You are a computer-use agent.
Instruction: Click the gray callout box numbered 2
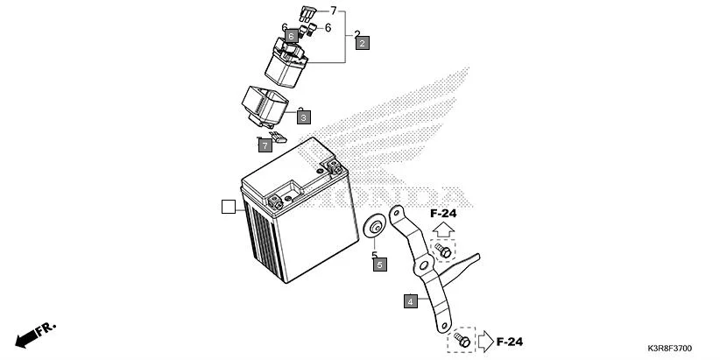click(362, 41)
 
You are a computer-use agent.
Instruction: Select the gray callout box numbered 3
click(303, 116)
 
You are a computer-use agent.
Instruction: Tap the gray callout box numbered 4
click(410, 301)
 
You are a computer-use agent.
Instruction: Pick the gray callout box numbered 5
click(379, 264)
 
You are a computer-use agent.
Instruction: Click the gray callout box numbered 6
click(291, 36)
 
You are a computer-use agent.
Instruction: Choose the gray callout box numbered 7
click(265, 145)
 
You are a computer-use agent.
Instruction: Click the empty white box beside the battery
click(228, 208)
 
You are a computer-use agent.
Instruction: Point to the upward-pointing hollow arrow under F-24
click(443, 229)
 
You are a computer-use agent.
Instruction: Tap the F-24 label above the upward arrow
click(443, 213)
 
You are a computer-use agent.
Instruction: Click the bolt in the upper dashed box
click(444, 252)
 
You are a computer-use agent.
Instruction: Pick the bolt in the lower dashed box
click(461, 340)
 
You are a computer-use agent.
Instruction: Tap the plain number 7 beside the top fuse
click(333, 11)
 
